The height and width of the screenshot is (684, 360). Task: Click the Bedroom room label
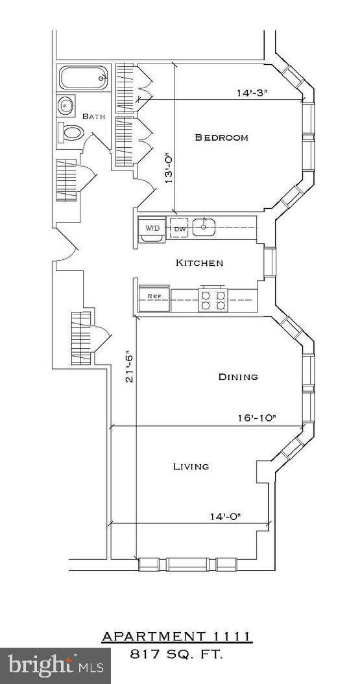[221, 137]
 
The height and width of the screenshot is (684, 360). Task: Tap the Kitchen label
[200, 263]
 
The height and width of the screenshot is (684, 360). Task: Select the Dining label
[237, 377]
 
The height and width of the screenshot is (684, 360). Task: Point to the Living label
[191, 466]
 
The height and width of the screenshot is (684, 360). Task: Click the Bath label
[95, 116]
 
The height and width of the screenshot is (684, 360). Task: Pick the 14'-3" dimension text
[252, 93]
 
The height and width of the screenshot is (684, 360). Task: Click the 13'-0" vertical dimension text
[169, 169]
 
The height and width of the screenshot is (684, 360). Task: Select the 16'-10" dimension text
[257, 418]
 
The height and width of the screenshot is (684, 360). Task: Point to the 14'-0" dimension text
[226, 517]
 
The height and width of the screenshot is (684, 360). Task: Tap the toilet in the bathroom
[72, 133]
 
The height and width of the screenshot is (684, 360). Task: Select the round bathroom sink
[66, 105]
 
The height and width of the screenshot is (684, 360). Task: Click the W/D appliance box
[152, 229]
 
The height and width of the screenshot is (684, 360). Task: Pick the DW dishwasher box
[180, 229]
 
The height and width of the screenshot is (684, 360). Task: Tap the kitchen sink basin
[205, 227]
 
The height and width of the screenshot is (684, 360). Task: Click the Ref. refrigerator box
[154, 296]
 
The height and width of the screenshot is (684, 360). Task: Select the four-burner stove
[212, 299]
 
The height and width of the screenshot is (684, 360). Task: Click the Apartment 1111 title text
[176, 637]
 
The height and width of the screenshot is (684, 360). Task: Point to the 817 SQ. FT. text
[176, 655]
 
